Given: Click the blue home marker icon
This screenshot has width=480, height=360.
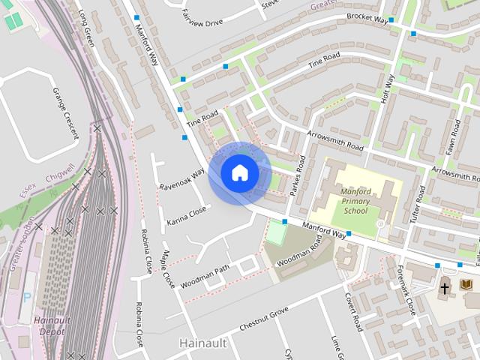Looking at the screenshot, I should coord(240,172).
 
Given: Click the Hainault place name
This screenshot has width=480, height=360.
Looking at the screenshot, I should coord(203,342).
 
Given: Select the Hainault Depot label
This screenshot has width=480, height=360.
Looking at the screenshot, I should coord(52,325).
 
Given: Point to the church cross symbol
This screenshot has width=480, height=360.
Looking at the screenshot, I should coord(444,287).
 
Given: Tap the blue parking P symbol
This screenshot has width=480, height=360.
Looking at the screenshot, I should coord(27,296).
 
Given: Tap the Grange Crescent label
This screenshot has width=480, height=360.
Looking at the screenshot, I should coord(65,113).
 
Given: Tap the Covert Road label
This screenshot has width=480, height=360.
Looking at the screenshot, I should coord(353,313).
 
